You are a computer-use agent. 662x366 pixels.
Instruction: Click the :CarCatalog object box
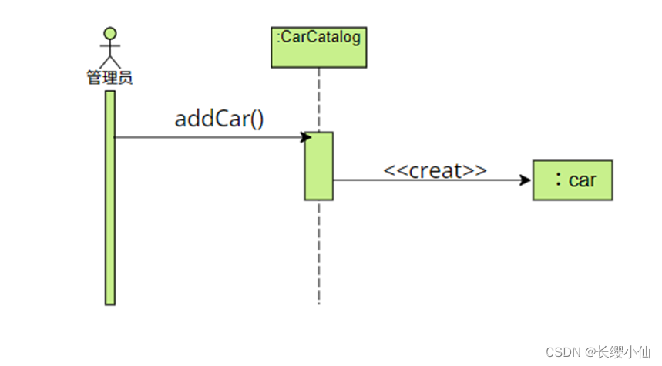pyautogui.click(x=318, y=47)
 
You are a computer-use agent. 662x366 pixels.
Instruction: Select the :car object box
pyautogui.click(x=572, y=180)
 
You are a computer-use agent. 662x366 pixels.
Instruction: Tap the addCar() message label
pyautogui.click(x=220, y=119)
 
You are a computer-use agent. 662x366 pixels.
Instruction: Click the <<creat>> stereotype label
pyautogui.click(x=435, y=170)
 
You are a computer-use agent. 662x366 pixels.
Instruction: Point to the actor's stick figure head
pyautogui.click(x=111, y=34)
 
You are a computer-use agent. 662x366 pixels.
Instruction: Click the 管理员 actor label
pyautogui.click(x=109, y=77)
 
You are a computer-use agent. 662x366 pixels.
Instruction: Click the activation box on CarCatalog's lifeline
pyautogui.click(x=318, y=166)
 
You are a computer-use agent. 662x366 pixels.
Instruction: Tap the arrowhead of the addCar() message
pyautogui.click(x=306, y=137)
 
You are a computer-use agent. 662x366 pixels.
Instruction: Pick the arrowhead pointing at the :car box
pyautogui.click(x=526, y=180)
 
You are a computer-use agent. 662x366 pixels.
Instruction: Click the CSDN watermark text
pyautogui.click(x=563, y=351)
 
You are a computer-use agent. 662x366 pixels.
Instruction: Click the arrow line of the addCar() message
pyautogui.click(x=208, y=137)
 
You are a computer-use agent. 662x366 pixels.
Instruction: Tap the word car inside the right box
pyautogui.click(x=583, y=180)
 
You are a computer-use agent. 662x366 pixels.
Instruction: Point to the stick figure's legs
pyautogui.click(x=111, y=59)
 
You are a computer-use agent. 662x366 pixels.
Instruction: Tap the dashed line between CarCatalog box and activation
pyautogui.click(x=318, y=100)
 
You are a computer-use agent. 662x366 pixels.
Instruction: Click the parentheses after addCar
pyautogui.click(x=256, y=119)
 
